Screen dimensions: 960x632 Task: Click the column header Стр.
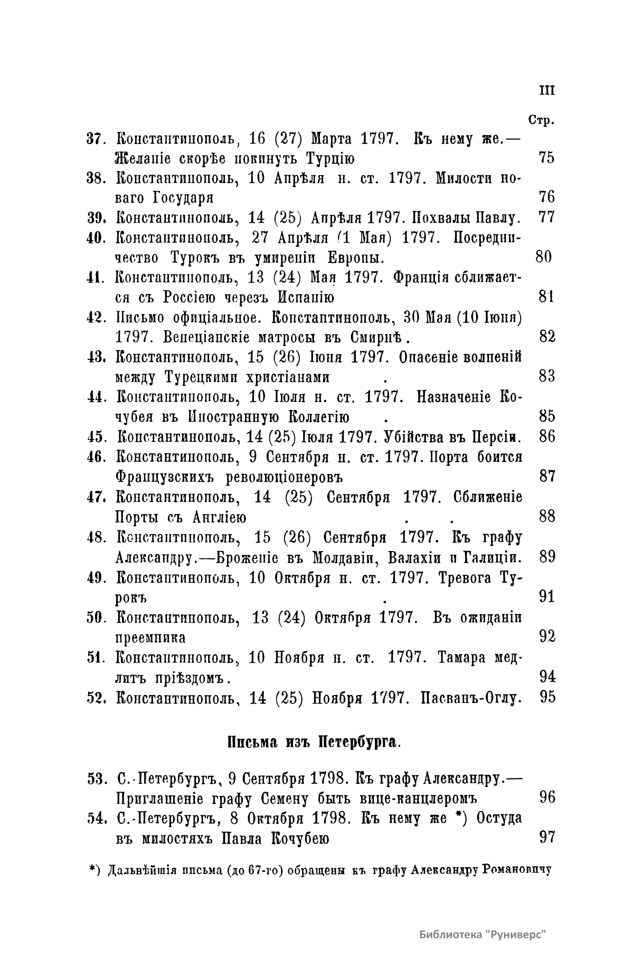pos(541,121)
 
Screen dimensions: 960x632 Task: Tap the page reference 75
pos(547,158)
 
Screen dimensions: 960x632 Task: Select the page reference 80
pos(543,258)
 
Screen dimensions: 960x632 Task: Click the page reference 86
pos(547,436)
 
